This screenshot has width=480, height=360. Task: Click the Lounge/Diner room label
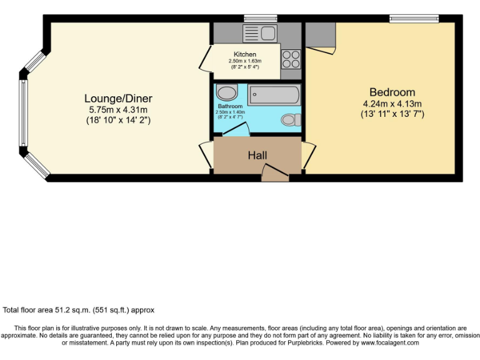118,99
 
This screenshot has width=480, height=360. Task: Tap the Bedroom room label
392,92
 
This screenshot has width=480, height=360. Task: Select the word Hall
258,154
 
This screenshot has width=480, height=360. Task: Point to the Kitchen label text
245,54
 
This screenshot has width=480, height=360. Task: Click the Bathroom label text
230,107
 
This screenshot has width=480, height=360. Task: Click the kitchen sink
261,32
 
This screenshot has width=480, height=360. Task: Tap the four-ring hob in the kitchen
291,59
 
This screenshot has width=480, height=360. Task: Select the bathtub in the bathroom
273,95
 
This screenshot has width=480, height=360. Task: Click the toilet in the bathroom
289,119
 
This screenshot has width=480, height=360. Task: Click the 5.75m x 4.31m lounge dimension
118,110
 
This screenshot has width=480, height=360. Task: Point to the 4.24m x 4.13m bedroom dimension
392,104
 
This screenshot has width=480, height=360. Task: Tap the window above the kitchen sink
252,17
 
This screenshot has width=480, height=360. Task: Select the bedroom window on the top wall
414,18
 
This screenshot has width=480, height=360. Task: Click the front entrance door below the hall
275,173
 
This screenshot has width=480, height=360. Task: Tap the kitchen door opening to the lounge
204,62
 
